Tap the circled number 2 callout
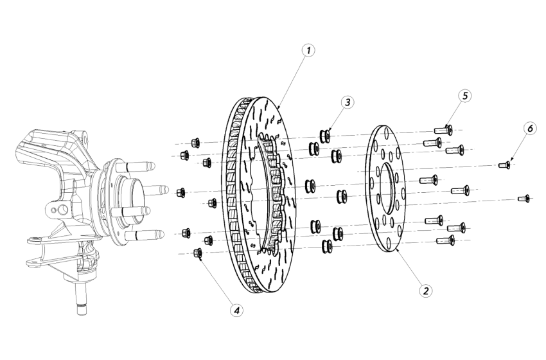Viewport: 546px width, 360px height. (x=425, y=290)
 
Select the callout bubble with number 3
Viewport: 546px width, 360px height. (x=348, y=102)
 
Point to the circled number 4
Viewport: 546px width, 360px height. (x=237, y=310)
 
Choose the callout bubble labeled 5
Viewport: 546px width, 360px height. (x=464, y=95)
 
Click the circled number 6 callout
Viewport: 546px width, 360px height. (x=529, y=129)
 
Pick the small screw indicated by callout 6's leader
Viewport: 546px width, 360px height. (x=505, y=166)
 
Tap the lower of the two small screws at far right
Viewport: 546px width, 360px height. (x=524, y=199)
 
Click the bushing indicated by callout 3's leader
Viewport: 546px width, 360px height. (x=325, y=136)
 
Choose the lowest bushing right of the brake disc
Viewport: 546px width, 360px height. (x=327, y=245)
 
